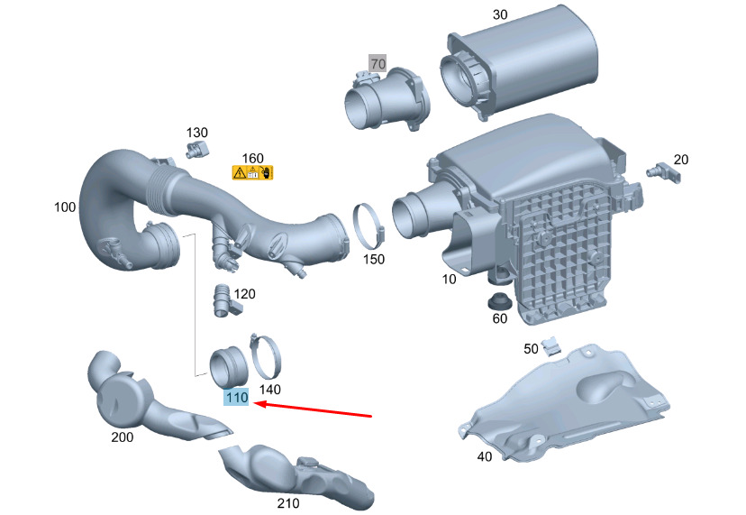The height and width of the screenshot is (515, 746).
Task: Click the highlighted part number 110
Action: click(236, 398)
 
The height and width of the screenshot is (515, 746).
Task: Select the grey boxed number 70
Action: click(378, 63)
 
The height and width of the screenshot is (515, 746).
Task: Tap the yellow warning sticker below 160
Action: click(252, 172)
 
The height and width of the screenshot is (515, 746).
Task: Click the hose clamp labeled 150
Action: click(368, 226)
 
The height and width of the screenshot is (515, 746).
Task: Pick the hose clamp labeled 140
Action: click(265, 356)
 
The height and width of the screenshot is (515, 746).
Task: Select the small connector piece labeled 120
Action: click(224, 301)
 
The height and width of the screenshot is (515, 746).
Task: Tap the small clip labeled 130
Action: click(197, 150)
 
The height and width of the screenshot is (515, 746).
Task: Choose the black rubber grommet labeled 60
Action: click(500, 301)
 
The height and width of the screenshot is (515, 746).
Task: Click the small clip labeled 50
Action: click(551, 345)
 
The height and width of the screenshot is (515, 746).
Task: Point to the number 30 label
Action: click(500, 14)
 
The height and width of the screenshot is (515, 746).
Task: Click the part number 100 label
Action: click(65, 207)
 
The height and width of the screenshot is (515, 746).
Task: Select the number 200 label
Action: click(123, 437)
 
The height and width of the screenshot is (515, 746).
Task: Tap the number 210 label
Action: click(288, 503)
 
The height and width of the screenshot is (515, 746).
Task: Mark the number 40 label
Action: click(485, 456)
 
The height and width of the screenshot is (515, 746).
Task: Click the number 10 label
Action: click(449, 279)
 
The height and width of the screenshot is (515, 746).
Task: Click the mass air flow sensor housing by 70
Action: click(387, 100)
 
